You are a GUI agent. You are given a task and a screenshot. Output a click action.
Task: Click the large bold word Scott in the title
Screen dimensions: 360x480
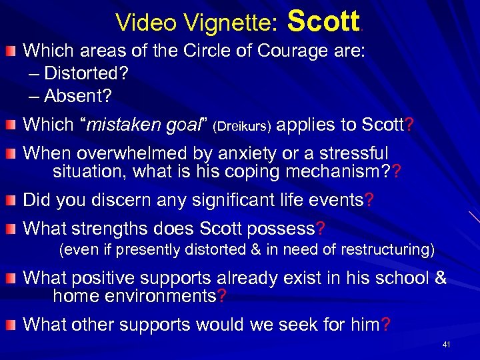[x=323, y=21]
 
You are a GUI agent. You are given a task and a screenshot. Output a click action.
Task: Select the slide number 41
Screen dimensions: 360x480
[x=447, y=345]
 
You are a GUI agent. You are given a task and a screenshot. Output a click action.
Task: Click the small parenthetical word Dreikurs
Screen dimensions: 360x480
[x=242, y=125]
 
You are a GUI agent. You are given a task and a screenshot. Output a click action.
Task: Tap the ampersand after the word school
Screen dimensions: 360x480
[x=439, y=277]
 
